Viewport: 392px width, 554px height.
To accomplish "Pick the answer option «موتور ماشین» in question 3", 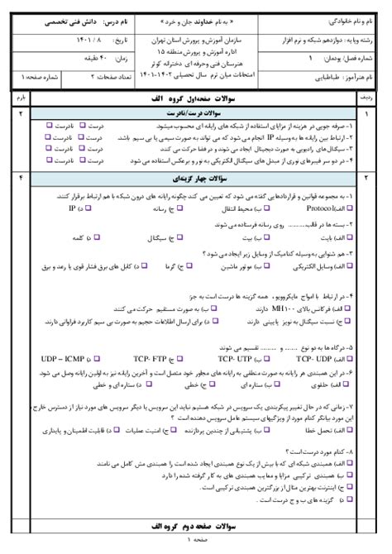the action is (x=218, y=266).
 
